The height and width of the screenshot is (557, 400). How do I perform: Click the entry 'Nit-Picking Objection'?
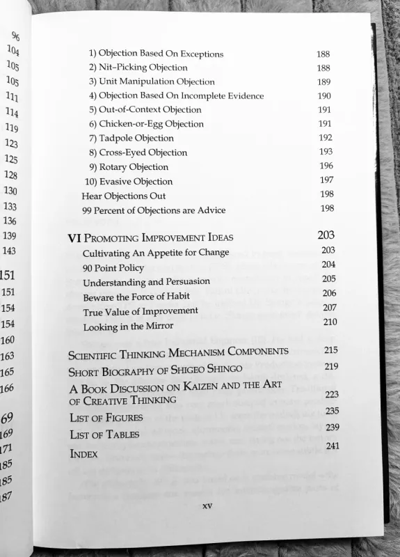(138, 68)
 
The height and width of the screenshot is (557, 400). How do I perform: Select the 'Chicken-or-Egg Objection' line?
(146, 124)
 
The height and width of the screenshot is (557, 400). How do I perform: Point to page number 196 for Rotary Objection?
(326, 166)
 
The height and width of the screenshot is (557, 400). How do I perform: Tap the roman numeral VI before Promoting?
(75, 237)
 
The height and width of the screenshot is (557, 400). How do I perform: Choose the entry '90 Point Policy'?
(113, 267)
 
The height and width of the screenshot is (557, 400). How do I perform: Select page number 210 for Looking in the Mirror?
(330, 322)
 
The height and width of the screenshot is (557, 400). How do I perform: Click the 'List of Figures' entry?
(106, 418)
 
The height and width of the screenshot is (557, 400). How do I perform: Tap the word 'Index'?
(83, 454)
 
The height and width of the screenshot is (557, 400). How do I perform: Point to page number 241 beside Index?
(332, 446)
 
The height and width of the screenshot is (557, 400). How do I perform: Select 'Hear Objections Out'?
(124, 196)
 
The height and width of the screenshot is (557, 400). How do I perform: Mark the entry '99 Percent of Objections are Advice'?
(154, 210)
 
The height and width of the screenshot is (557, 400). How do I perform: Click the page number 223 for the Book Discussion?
(332, 394)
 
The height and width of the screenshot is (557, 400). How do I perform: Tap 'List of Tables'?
(104, 434)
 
